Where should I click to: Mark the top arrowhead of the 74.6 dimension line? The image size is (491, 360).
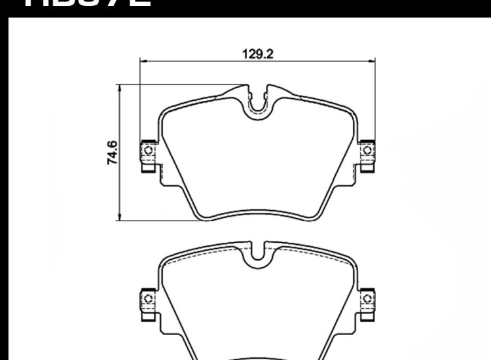(x=119, y=86)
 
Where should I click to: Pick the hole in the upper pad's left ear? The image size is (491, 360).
(x=147, y=152)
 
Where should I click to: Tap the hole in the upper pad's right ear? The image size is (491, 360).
(x=367, y=152)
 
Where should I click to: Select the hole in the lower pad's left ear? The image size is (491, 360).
(x=147, y=298)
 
